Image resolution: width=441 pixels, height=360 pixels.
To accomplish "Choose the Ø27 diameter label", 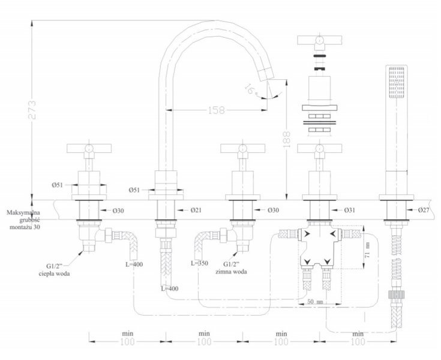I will click(x=424, y=210).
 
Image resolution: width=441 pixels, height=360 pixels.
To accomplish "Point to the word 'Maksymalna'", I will click(x=23, y=212).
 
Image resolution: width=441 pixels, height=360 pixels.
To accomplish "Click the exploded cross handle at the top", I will click(x=319, y=41).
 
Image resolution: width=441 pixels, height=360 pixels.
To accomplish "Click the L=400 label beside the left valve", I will click(x=134, y=264).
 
